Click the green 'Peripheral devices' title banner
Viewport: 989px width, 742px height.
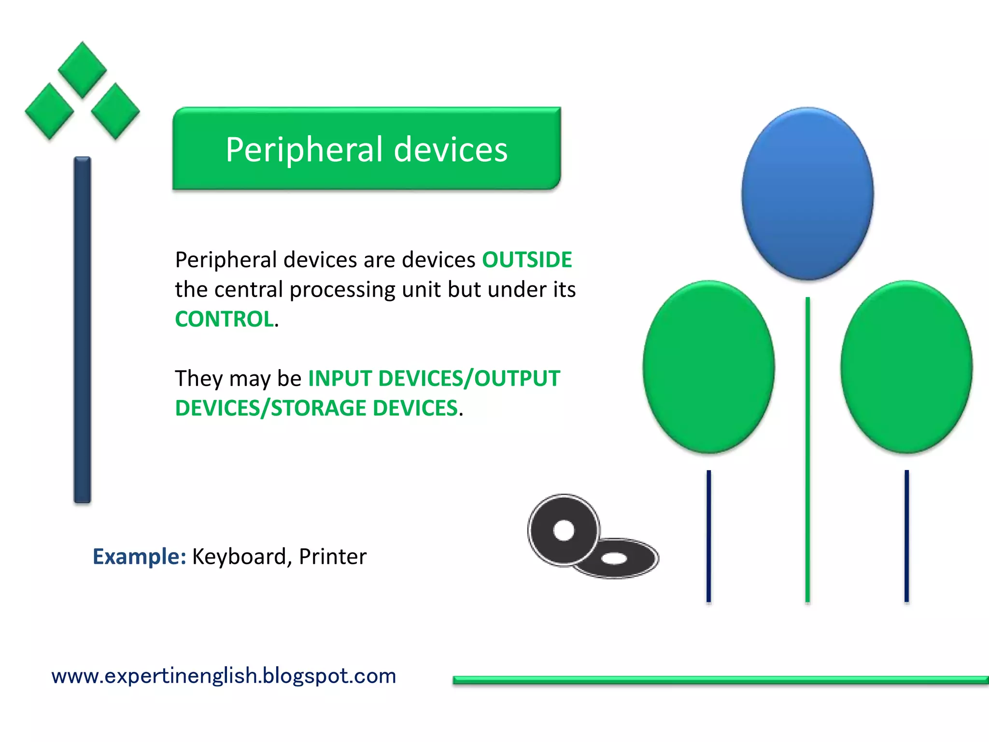click(x=366, y=149)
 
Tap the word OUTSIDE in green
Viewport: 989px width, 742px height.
click(x=527, y=260)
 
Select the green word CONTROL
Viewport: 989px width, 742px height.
click(x=225, y=319)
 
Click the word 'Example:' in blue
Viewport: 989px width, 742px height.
click(x=139, y=556)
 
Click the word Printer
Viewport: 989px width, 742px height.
click(x=333, y=556)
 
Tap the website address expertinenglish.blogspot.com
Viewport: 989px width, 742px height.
click(x=224, y=676)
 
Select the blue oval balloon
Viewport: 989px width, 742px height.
click(x=807, y=193)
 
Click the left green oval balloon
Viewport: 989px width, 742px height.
click(x=708, y=367)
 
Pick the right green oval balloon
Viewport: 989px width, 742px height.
click(x=906, y=367)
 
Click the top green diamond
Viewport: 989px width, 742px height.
click(x=83, y=70)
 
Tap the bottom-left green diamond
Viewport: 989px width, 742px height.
click(x=49, y=112)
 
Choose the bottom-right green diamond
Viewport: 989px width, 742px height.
click(x=115, y=112)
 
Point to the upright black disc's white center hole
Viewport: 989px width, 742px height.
click(x=564, y=530)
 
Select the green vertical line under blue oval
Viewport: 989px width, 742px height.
click(x=807, y=449)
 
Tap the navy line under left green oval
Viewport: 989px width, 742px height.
click(x=708, y=536)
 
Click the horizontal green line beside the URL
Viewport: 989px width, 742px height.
click(x=720, y=680)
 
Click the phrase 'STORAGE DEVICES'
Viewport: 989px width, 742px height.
click(x=365, y=408)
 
